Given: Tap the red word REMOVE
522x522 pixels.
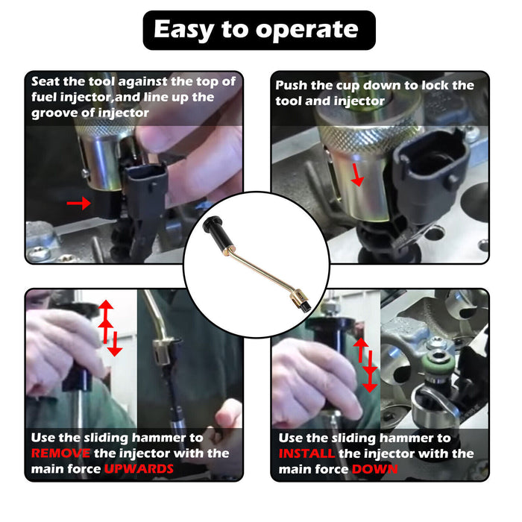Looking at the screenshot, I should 61,453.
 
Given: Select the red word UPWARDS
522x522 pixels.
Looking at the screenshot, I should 139,469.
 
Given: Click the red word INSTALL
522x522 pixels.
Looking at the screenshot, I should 307,453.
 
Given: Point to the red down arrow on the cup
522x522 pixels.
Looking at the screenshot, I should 359,176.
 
